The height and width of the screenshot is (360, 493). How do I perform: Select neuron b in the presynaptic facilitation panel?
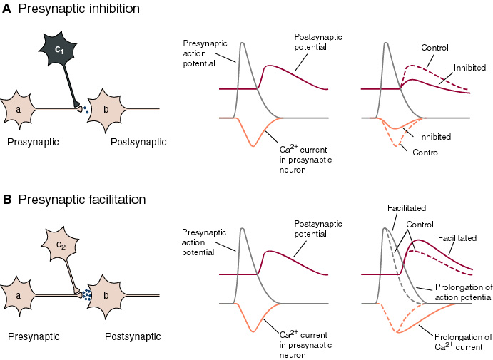107,294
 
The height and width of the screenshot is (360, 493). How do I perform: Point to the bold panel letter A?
7,9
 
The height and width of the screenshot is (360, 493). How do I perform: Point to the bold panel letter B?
7,200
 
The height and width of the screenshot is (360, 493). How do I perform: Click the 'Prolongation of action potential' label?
462,292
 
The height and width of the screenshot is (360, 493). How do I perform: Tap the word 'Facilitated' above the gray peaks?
407,209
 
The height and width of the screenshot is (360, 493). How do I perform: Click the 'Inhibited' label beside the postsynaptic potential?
469,68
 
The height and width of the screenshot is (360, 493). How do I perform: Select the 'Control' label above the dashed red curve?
434,48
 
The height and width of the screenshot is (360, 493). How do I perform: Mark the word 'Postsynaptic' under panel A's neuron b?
138,142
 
